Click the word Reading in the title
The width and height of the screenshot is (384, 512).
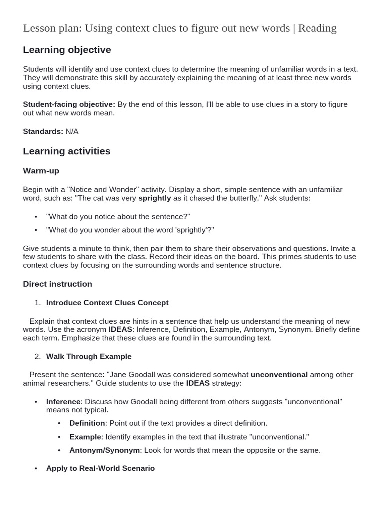[317, 28]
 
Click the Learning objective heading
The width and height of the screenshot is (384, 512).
[67, 50]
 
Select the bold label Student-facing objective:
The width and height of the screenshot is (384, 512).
[69, 104]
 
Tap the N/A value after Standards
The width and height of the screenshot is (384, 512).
[72, 132]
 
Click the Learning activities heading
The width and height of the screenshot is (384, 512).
[67, 151]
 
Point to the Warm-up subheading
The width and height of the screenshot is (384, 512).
[41, 171]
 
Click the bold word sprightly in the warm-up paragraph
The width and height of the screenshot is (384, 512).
[154, 198]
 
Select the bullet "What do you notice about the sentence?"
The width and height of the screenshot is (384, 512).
[118, 217]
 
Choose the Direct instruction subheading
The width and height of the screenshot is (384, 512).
[57, 284]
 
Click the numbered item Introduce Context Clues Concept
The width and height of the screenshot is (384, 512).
[107, 303]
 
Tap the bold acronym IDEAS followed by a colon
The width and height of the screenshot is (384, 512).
[120, 330]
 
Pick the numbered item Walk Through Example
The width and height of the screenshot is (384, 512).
[89, 357]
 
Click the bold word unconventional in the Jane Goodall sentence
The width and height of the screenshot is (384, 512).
[279, 375]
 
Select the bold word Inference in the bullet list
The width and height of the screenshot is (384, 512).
[63, 402]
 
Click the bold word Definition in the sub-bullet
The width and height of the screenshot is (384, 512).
[87, 423]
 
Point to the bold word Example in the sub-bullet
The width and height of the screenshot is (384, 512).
[85, 437]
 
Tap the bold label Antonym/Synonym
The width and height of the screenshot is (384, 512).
[104, 450]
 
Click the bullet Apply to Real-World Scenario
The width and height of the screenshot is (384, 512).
[100, 469]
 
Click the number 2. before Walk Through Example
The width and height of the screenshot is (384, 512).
[38, 357]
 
